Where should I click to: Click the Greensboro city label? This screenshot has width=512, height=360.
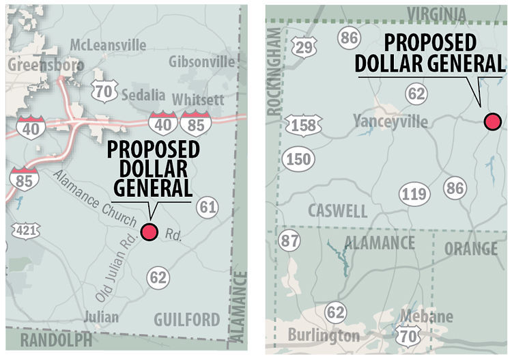tap(46, 65)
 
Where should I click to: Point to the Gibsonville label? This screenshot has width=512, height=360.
tap(203, 61)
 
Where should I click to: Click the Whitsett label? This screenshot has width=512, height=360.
tap(198, 100)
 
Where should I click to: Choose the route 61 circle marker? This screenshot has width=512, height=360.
tap(208, 206)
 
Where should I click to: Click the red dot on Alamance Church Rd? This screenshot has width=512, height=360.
tap(149, 232)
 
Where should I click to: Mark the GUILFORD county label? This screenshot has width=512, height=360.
tap(187, 319)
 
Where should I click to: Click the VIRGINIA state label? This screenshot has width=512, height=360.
tap(437, 15)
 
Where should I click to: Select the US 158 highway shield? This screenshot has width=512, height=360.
tap(304, 126)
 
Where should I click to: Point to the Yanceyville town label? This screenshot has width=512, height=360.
tap(391, 122)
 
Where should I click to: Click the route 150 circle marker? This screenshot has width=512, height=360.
tap(299, 159)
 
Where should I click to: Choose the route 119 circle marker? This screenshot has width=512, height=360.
tap(414, 195)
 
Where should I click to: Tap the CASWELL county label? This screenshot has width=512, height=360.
tap(337, 210)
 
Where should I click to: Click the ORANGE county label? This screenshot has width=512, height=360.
tap(471, 249)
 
